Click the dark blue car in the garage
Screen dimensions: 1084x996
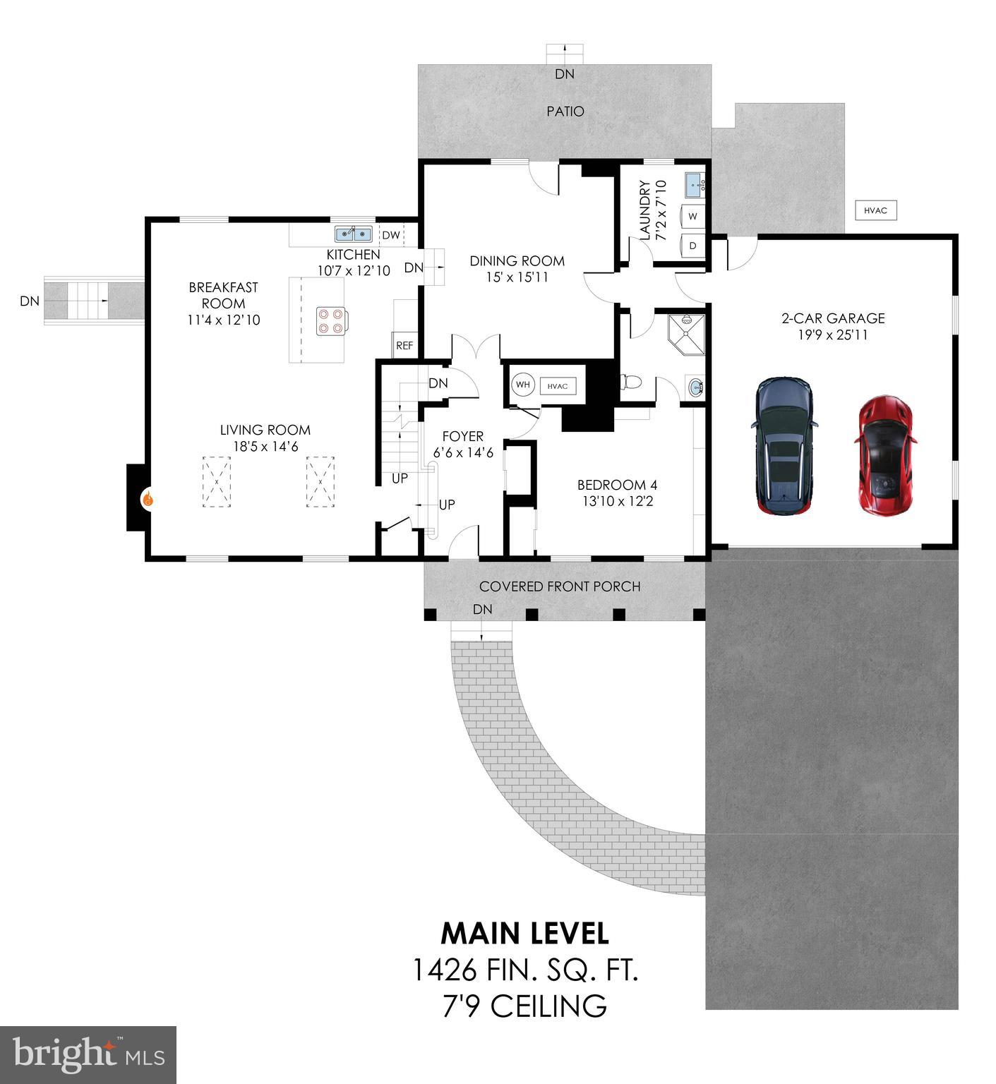tap(784, 445)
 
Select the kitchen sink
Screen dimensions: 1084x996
tap(353, 234)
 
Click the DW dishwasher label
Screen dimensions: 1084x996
tap(390, 235)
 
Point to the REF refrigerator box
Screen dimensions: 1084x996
tap(404, 345)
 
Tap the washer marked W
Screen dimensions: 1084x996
tap(692, 217)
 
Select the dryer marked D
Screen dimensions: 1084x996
tap(692, 246)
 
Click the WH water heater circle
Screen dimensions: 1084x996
tap(523, 385)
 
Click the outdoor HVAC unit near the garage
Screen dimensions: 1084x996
tap(875, 210)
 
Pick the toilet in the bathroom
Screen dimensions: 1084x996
tap(630, 383)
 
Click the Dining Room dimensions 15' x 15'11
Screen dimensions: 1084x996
tap(517, 277)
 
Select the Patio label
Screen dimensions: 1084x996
tap(565, 111)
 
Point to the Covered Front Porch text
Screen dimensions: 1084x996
tap(560, 586)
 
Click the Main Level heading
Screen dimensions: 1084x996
tap(524, 933)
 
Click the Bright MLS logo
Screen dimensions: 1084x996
tap(88, 1054)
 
